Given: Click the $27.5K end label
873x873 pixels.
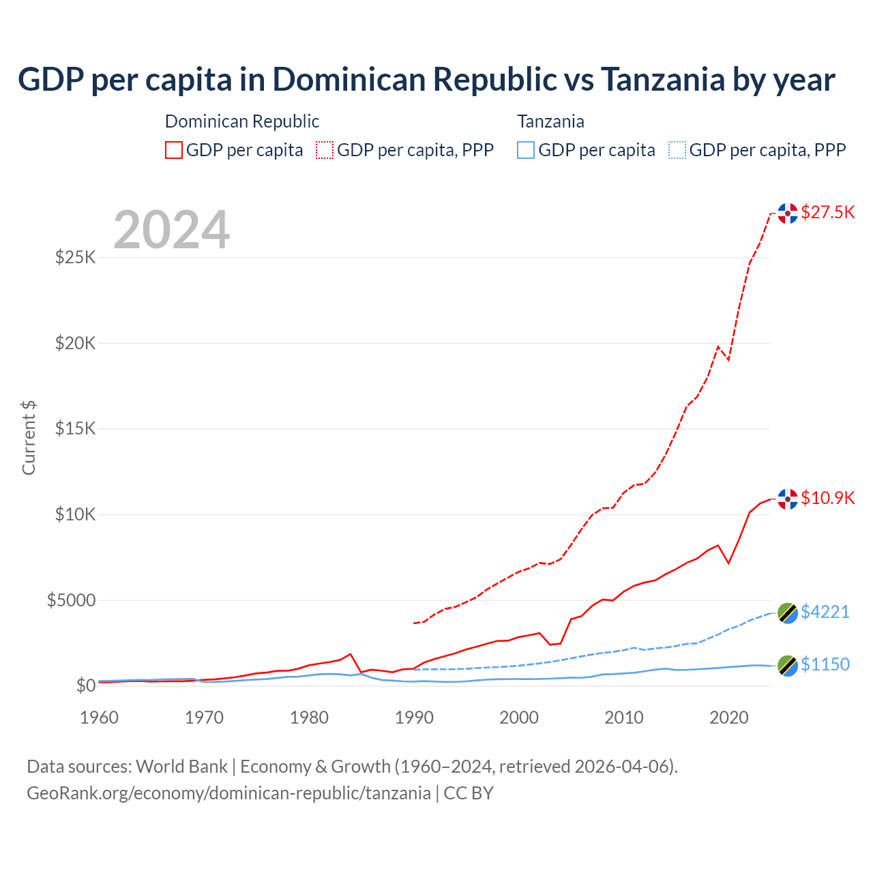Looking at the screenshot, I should tap(827, 212).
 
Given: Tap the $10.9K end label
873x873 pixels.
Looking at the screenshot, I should tap(827, 498).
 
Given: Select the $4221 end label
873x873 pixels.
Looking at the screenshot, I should tap(825, 612).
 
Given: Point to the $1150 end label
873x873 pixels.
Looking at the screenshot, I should tap(825, 664).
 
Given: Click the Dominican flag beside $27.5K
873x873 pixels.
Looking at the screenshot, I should tap(788, 213).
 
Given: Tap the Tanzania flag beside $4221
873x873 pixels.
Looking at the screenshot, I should tap(788, 612).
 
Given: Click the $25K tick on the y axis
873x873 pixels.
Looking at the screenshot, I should tap(76, 258).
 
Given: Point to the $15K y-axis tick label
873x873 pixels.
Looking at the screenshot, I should tap(76, 429).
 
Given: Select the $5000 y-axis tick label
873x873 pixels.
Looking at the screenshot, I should tap(72, 600).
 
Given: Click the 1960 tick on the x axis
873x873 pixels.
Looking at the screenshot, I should tap(100, 717).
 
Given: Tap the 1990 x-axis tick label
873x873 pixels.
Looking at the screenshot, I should tap(415, 717).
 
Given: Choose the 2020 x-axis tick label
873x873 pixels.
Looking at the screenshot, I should tap(729, 717).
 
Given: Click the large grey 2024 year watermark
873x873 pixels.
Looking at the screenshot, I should tap(172, 230).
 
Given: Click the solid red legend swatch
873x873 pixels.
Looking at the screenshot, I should tap(174, 150).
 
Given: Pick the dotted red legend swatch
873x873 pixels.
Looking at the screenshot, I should tap(325, 150).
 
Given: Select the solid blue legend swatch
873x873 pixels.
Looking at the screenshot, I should tap(526, 150).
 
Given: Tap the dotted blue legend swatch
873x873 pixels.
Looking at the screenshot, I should tap(677, 150).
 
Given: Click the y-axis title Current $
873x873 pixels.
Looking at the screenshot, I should tap(29, 438).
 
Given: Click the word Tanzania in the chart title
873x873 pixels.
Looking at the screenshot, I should tap(662, 80).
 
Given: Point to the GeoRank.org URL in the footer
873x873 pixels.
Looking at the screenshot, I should tap(228, 793).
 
